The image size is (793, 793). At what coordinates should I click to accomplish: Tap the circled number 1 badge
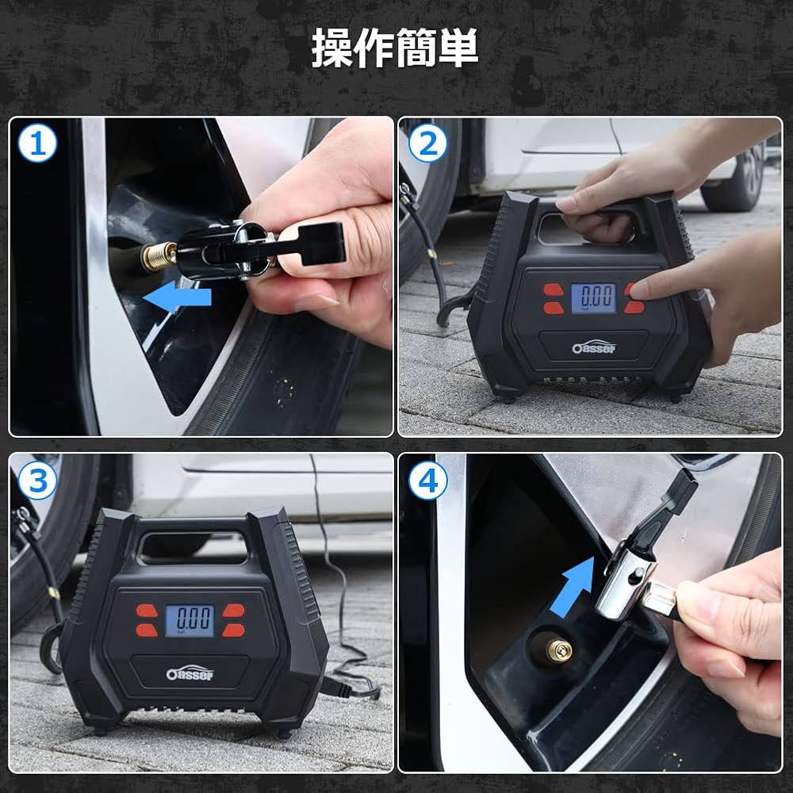click(x=38, y=145)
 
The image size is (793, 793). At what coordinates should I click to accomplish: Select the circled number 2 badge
click(x=427, y=145)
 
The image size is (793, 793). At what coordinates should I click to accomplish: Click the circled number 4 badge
click(x=427, y=481)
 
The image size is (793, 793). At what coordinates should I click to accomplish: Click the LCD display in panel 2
click(x=592, y=298)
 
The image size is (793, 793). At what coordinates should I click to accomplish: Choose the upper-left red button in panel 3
click(x=146, y=610)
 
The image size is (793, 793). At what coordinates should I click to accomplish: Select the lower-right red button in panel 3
click(x=232, y=630)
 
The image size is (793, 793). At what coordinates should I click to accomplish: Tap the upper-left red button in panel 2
click(x=551, y=289)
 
